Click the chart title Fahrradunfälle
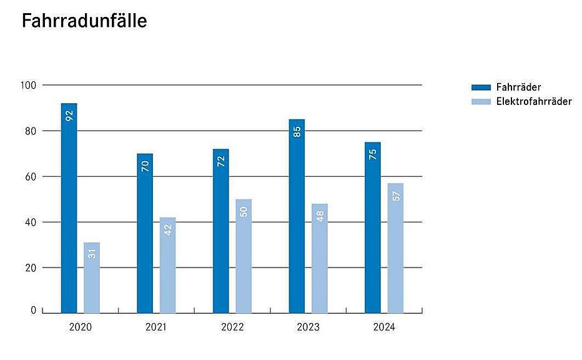[x=84, y=21]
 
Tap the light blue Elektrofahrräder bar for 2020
[x=92, y=277]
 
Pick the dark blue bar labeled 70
[x=145, y=232]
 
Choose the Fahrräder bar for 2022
[x=220, y=231]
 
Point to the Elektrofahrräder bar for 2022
[x=244, y=256]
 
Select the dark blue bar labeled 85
[x=297, y=216]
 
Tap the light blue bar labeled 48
[x=319, y=258]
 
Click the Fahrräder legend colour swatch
[x=481, y=87]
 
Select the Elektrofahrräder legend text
[x=534, y=101]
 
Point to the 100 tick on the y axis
[x=31, y=85]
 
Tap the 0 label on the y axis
[x=34, y=310]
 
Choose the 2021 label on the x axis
[x=156, y=327]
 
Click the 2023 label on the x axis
[x=308, y=327]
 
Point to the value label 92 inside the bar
[x=69, y=116]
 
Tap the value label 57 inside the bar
[x=395, y=196]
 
